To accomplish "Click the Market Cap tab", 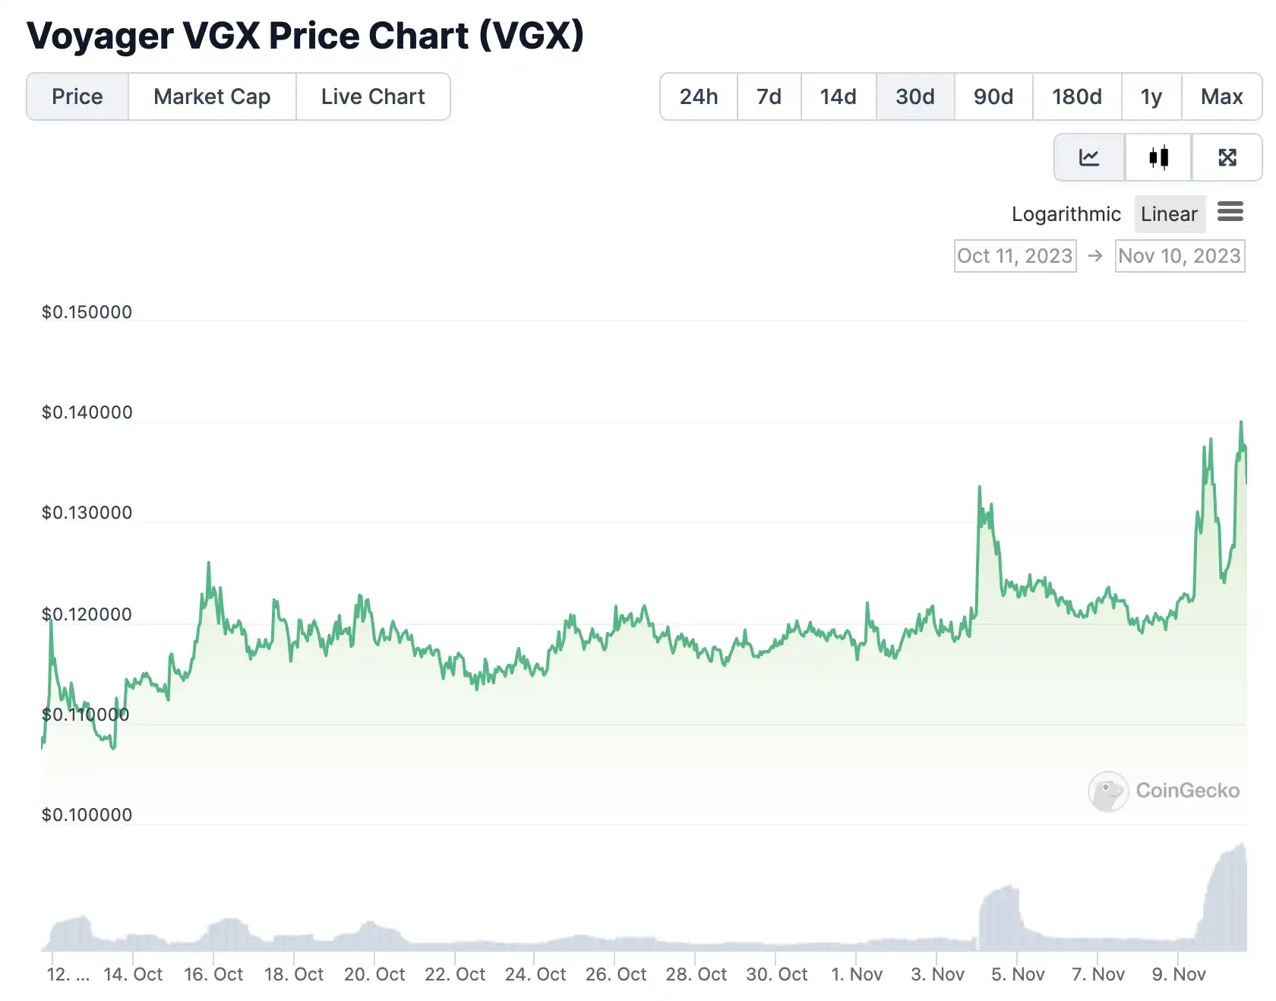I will pos(212,96).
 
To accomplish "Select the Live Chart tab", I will pos(372,96).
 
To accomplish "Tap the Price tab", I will pos(77,96).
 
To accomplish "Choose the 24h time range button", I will pos(698,96).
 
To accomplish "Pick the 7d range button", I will pos(769,96).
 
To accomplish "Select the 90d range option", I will pos(993,96).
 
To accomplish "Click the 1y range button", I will pos(1151,96).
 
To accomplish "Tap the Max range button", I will pos(1221,96).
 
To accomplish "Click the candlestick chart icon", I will pos(1158,157).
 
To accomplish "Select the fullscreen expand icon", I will pos(1227,157).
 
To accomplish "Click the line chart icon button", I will pos(1089,157).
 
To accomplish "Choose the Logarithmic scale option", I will pos(1066,214).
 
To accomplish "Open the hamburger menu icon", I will pos(1230,212).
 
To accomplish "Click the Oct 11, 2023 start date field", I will pos(1015,256).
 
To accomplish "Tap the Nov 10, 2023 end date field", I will pos(1179,256).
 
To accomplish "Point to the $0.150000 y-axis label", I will pos(87,312).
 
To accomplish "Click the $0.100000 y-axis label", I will pos(87,815).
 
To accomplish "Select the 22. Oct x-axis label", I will pos(454,974).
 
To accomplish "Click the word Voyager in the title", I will pos(99,36).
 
